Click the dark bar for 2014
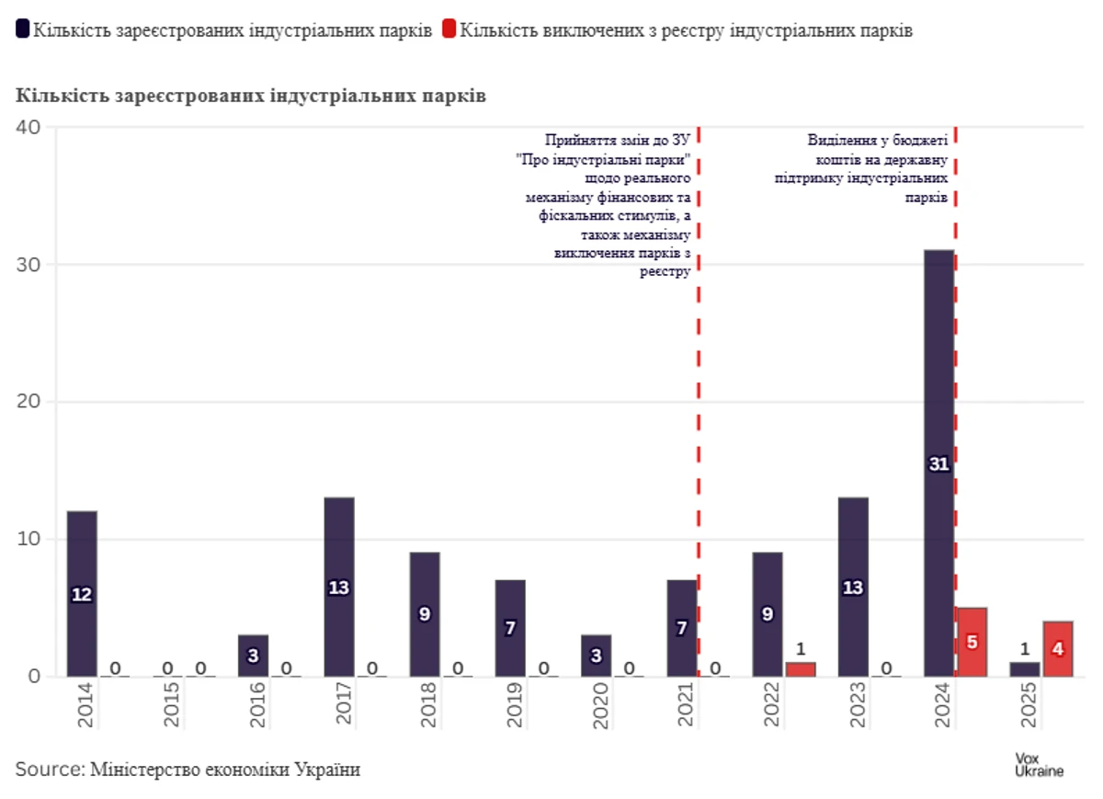(82, 552)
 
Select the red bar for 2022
(801, 668)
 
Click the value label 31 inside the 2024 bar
(938, 464)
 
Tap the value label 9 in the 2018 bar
(425, 614)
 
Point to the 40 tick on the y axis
(29, 127)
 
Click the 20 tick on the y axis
(29, 402)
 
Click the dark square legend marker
(22, 29)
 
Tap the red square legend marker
(449, 29)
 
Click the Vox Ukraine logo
(1039, 765)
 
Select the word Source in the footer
(45, 770)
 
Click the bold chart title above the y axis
(250, 96)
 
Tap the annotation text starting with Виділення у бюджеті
(876, 168)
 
